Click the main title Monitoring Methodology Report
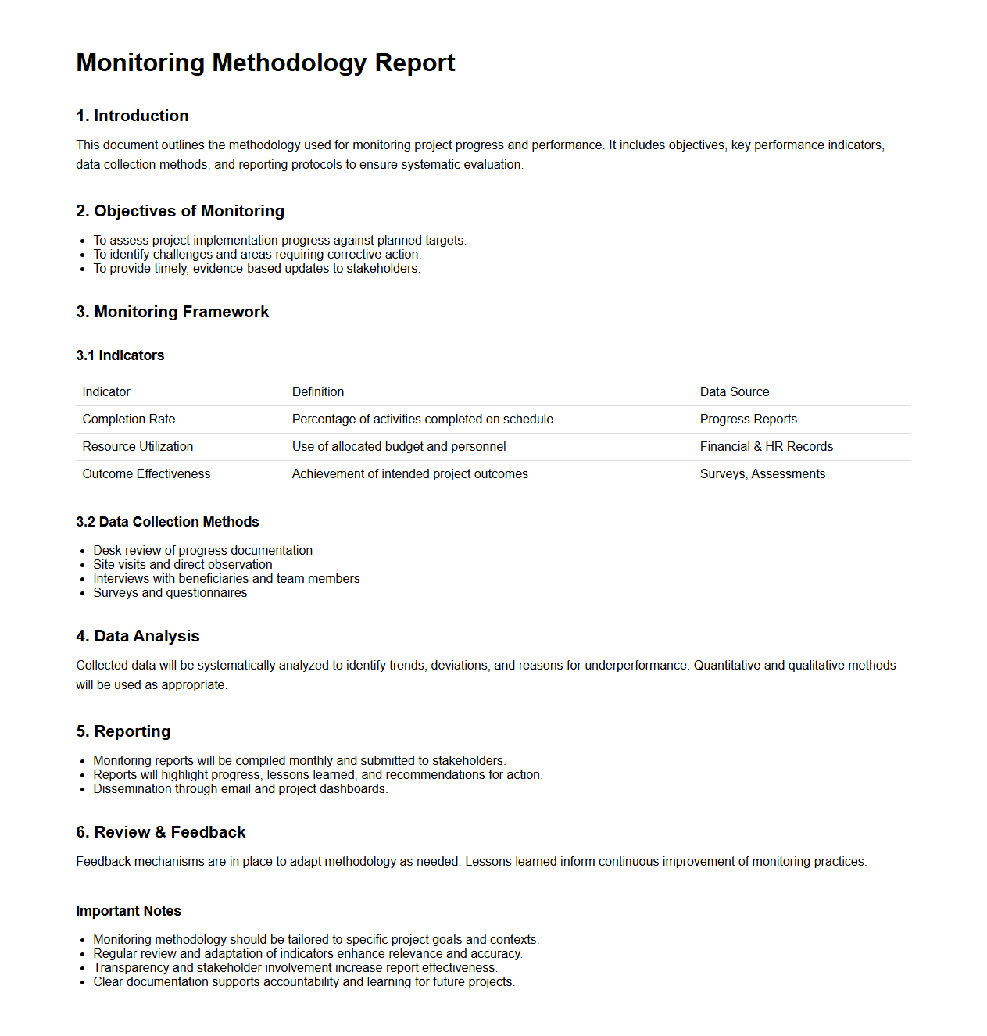coord(266,63)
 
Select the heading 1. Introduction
coord(132,116)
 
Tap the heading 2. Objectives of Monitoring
coord(180,211)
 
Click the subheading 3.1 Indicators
coord(120,355)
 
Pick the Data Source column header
coord(734,392)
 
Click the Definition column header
coord(317,392)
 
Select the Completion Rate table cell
coord(128,420)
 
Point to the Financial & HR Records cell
coord(766,447)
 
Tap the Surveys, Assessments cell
coord(762,474)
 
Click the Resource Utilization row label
coord(138,447)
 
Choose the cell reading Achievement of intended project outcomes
coord(409,474)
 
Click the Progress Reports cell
coord(748,420)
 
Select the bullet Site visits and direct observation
coord(183,565)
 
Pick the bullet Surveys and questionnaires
coord(170,593)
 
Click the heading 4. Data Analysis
coord(138,636)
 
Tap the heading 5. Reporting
coord(123,731)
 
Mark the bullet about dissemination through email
coord(240,789)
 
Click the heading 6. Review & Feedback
coord(160,832)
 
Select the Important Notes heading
coord(128,911)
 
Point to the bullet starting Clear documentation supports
coord(303,982)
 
